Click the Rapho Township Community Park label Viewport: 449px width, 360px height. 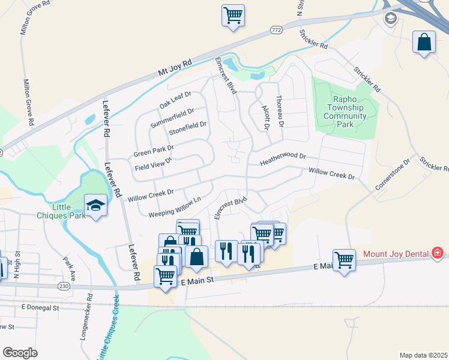pos(345,112)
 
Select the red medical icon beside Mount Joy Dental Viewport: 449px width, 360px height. pos(437,254)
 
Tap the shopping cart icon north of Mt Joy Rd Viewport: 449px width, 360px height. pos(233,15)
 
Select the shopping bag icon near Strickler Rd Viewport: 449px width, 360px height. pos(424,43)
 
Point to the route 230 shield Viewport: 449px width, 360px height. pos(64,286)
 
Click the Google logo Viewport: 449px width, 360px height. pos(20,352)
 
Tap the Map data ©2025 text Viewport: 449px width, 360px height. pos(423,355)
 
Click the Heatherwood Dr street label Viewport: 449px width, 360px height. pos(283,159)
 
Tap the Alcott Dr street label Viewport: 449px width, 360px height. pos(266,118)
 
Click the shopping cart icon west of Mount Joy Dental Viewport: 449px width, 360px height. pos(344,260)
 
